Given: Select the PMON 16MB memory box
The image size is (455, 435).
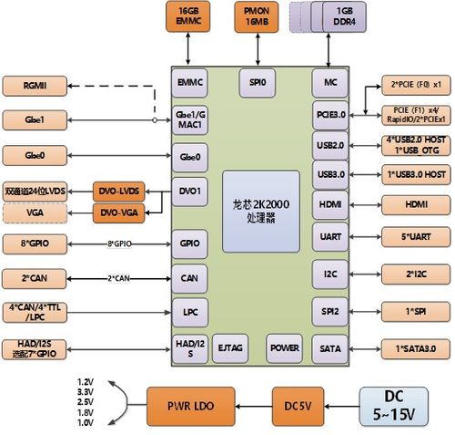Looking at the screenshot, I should (257, 16).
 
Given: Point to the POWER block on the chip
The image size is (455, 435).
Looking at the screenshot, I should (283, 347).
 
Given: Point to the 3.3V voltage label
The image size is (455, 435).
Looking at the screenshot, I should (86, 391).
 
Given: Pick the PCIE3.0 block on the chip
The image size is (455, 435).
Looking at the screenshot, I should (330, 115).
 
